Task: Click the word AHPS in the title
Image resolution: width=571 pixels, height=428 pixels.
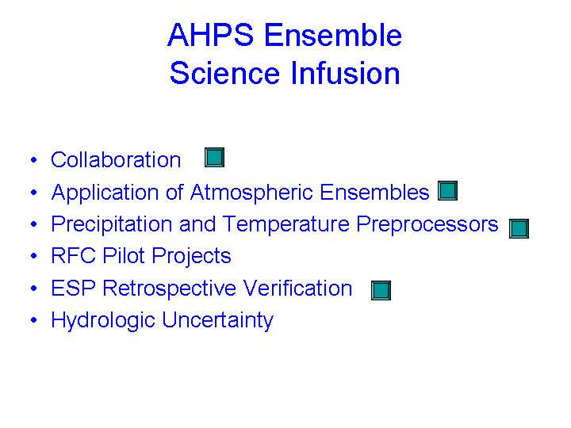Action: pyautogui.click(x=210, y=35)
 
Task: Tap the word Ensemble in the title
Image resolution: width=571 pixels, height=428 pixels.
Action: pyautogui.click(x=333, y=35)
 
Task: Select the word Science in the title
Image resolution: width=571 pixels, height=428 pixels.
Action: pyautogui.click(x=224, y=73)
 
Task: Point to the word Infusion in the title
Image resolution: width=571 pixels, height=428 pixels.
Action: pyautogui.click(x=345, y=73)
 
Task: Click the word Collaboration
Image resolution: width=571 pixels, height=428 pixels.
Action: pyautogui.click(x=116, y=159)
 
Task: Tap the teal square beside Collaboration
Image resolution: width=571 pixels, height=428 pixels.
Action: pyautogui.click(x=214, y=157)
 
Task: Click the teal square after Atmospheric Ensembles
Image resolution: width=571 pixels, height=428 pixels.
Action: pyautogui.click(x=447, y=190)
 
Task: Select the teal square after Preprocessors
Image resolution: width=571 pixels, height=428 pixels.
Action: pyautogui.click(x=519, y=228)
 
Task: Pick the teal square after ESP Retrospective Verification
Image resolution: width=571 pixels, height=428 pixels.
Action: pyautogui.click(x=381, y=290)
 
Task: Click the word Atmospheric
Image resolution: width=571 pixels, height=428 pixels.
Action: pyautogui.click(x=251, y=193)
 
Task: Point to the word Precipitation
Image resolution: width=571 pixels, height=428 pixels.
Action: pyautogui.click(x=112, y=224)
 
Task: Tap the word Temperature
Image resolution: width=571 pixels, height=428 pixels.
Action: pyautogui.click(x=285, y=224)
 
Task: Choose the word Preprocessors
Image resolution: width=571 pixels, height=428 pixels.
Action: pyautogui.click(x=427, y=224)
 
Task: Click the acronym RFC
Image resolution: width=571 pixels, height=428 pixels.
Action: pyautogui.click(x=74, y=255)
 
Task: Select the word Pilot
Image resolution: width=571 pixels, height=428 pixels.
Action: pyautogui.click(x=124, y=255)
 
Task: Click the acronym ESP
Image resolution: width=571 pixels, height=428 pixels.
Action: pyautogui.click(x=73, y=289)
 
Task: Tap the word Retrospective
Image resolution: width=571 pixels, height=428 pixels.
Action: pyautogui.click(x=169, y=289)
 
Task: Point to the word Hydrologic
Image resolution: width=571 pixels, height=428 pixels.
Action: pyautogui.click(x=103, y=321)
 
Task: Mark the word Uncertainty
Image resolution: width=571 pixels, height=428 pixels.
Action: pyautogui.click(x=217, y=321)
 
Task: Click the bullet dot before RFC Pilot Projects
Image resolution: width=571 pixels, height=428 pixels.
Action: pyautogui.click(x=34, y=256)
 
